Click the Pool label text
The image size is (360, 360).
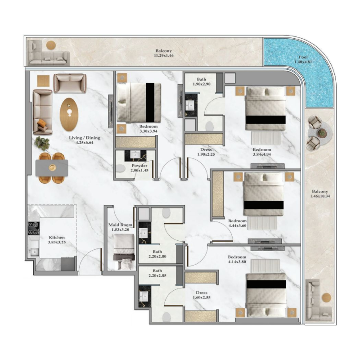pyautogui.click(x=303, y=58)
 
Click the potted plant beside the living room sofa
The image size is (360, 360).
pyautogui.click(x=42, y=143)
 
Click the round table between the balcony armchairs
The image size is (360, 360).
pyautogui.click(x=320, y=133)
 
